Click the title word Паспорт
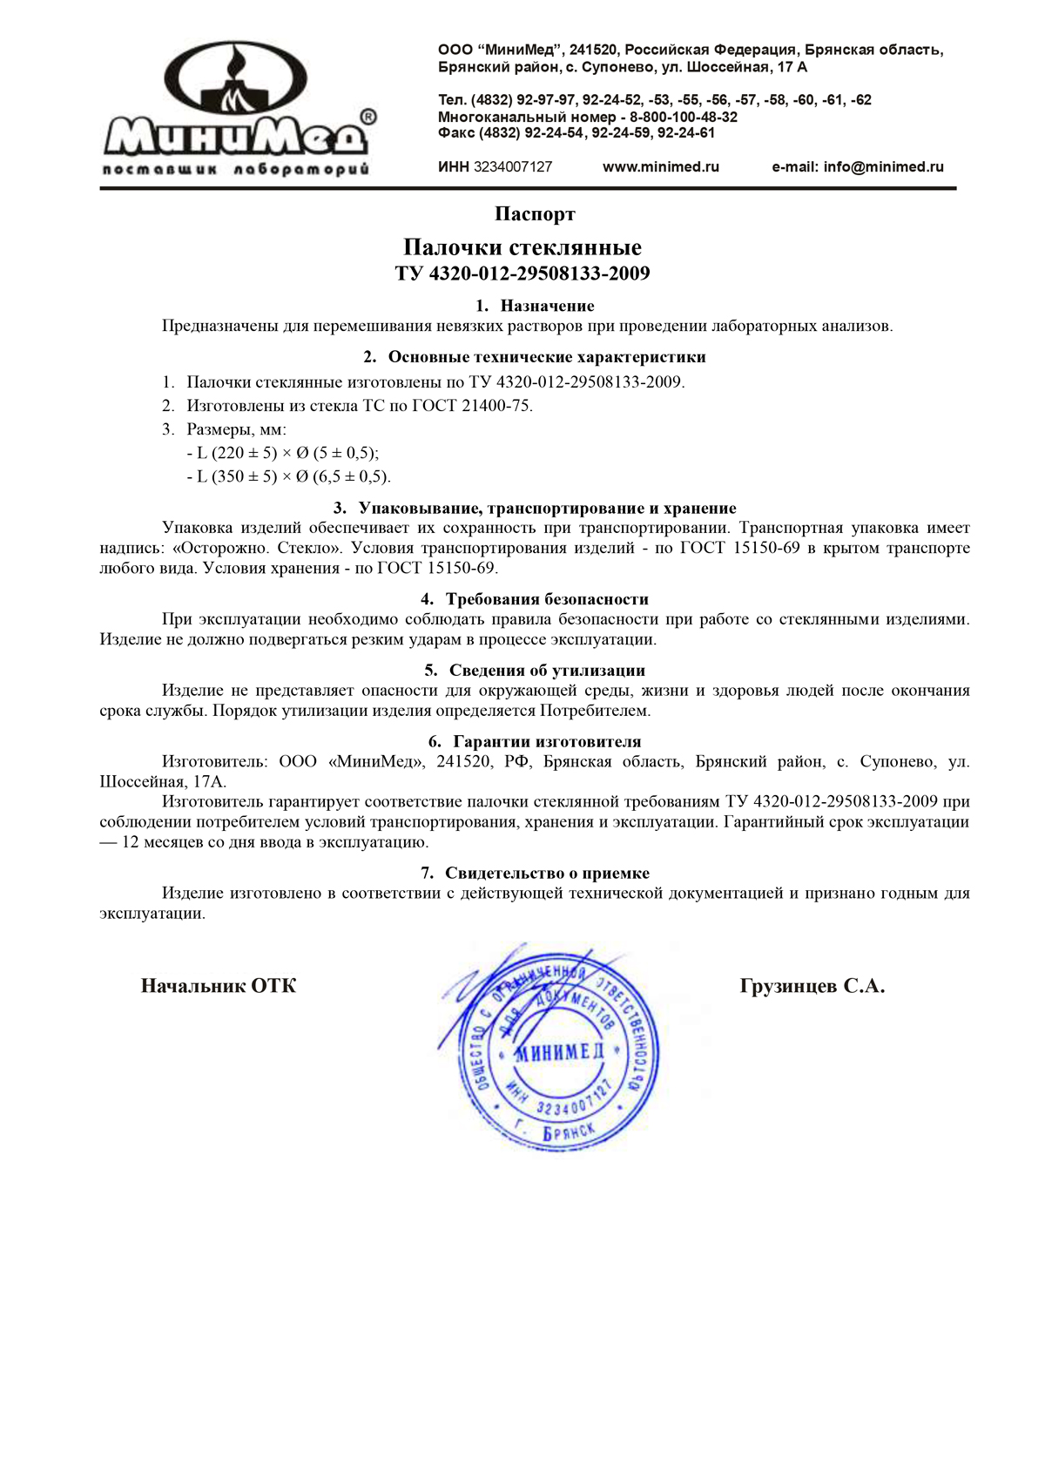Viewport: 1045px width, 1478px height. pos(535,214)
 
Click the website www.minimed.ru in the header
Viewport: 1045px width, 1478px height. pos(661,167)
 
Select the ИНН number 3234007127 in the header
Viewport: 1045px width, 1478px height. pos(512,167)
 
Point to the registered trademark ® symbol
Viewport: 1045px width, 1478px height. pos(368,117)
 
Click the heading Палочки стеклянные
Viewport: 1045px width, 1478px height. pos(522,247)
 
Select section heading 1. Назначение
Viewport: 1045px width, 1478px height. pos(535,306)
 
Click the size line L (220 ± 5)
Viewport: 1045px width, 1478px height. pos(283,453)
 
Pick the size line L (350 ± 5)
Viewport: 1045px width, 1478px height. pos(288,476)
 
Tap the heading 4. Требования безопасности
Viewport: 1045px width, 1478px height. pos(535,599)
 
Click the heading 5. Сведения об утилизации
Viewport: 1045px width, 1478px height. pos(535,671)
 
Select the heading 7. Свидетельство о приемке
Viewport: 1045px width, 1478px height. pos(535,874)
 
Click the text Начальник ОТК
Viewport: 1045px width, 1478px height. pos(219,986)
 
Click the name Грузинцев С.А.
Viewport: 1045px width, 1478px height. pos(812,987)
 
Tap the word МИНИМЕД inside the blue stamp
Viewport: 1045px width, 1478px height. pos(558,1053)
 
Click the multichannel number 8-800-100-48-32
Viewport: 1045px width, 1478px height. pos(684,117)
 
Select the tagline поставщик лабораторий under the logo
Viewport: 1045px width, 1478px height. pos(236,169)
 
